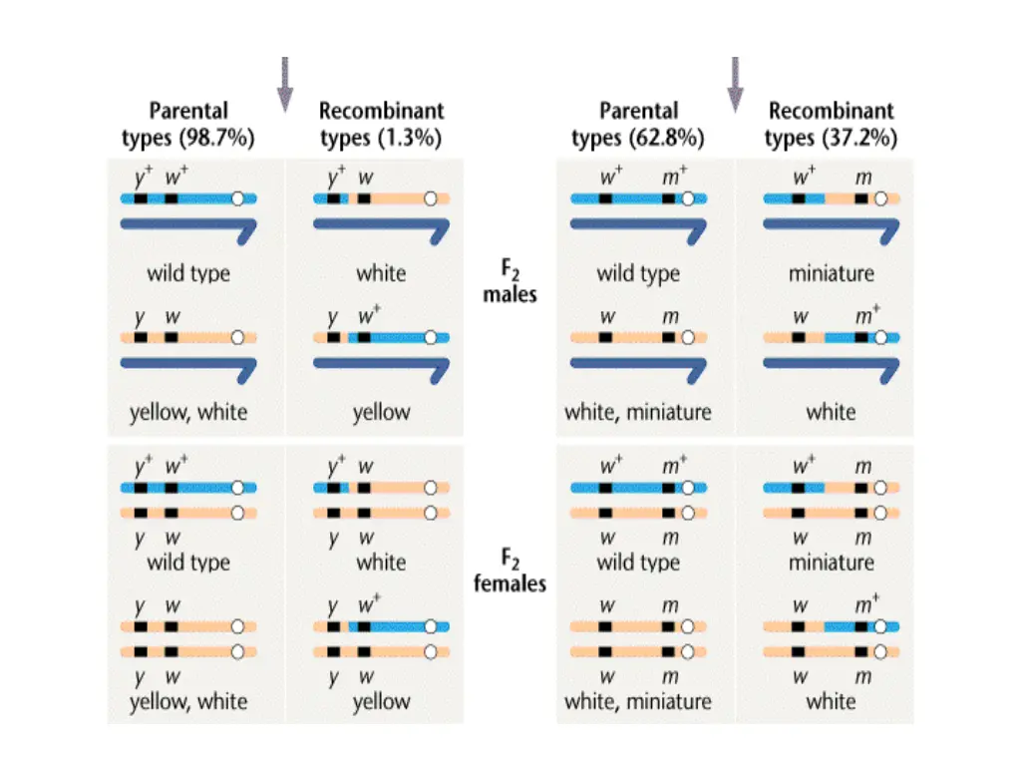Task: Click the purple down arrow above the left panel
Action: click(x=285, y=84)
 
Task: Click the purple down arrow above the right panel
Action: click(x=735, y=84)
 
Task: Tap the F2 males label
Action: click(x=510, y=281)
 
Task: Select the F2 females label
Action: click(x=510, y=571)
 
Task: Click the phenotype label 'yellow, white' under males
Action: click(x=188, y=412)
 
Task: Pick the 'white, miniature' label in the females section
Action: click(x=638, y=700)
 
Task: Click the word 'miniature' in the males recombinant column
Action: click(x=831, y=272)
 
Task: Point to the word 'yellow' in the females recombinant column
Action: click(x=381, y=700)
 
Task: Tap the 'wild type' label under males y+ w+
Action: click(x=188, y=272)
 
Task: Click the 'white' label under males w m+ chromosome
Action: click(x=831, y=412)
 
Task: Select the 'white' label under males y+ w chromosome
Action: click(x=381, y=272)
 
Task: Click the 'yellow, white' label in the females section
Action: click(x=188, y=700)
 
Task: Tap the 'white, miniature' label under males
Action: click(x=638, y=412)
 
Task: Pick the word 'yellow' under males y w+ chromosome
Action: click(x=381, y=412)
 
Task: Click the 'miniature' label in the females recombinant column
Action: click(x=831, y=562)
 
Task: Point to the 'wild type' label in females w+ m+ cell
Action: click(x=638, y=562)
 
